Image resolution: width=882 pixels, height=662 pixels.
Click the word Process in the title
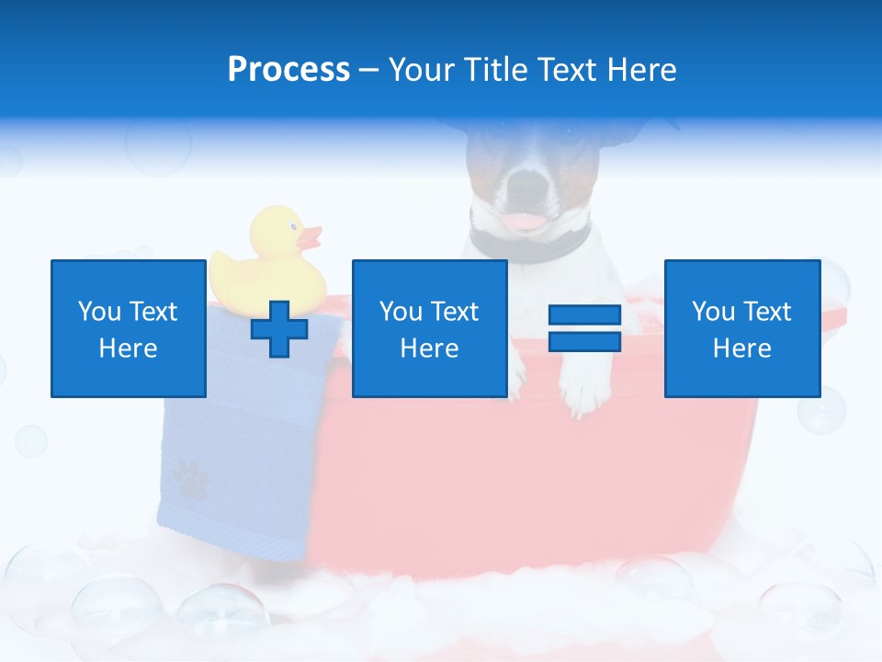tap(288, 70)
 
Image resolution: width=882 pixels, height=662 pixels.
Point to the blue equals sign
tap(584, 328)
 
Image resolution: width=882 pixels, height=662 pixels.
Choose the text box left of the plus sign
tap(129, 328)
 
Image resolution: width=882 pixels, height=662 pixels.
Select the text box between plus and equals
tap(429, 328)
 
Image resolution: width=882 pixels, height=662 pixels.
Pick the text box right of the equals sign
tap(741, 328)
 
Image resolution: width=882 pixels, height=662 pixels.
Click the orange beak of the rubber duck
tap(311, 238)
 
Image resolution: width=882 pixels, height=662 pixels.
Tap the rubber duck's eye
tap(292, 225)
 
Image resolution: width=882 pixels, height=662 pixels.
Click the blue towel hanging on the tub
tap(230, 460)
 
